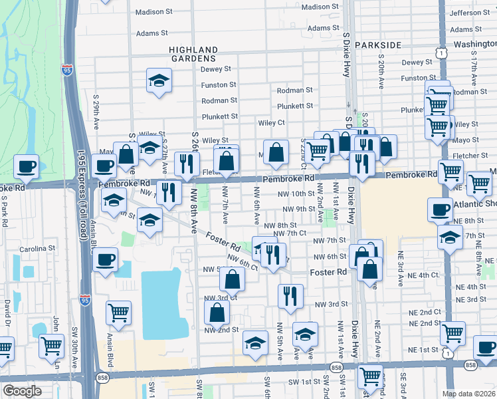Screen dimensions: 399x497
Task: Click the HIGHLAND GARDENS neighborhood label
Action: coord(193,54)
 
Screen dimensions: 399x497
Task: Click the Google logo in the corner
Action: coord(22,391)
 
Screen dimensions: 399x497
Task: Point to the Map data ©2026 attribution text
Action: coord(468,394)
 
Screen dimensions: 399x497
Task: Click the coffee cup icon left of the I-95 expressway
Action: coord(26,166)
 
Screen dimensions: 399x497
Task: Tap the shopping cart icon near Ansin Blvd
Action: coord(118,311)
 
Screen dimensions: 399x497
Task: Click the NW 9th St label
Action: coord(296,209)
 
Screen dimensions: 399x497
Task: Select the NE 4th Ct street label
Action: coord(424,275)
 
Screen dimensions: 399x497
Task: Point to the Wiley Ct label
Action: coord(271,122)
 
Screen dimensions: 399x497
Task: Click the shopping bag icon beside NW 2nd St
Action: coord(217,312)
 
